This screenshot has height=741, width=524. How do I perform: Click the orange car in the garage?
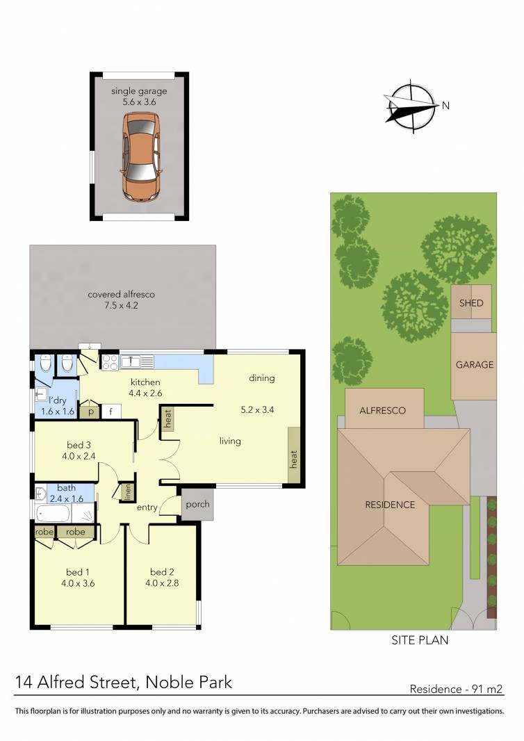point(141,156)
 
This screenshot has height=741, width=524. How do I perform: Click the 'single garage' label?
point(140,91)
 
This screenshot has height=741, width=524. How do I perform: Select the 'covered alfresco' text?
point(121,295)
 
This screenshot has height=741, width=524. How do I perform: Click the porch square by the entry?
point(195,505)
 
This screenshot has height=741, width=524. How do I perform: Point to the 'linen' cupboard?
point(127,492)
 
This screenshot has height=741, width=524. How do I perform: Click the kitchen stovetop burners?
point(110,361)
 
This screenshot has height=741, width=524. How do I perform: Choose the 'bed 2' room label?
point(161,572)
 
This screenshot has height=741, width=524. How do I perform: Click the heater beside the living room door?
point(167,418)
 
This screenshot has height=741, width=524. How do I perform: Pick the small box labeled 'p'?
point(90,411)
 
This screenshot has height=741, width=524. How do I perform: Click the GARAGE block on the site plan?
point(475,364)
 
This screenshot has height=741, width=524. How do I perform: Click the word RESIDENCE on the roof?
point(390,505)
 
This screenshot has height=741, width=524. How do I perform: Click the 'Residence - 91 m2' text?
point(456,690)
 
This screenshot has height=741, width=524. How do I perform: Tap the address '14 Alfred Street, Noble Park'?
point(124,683)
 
